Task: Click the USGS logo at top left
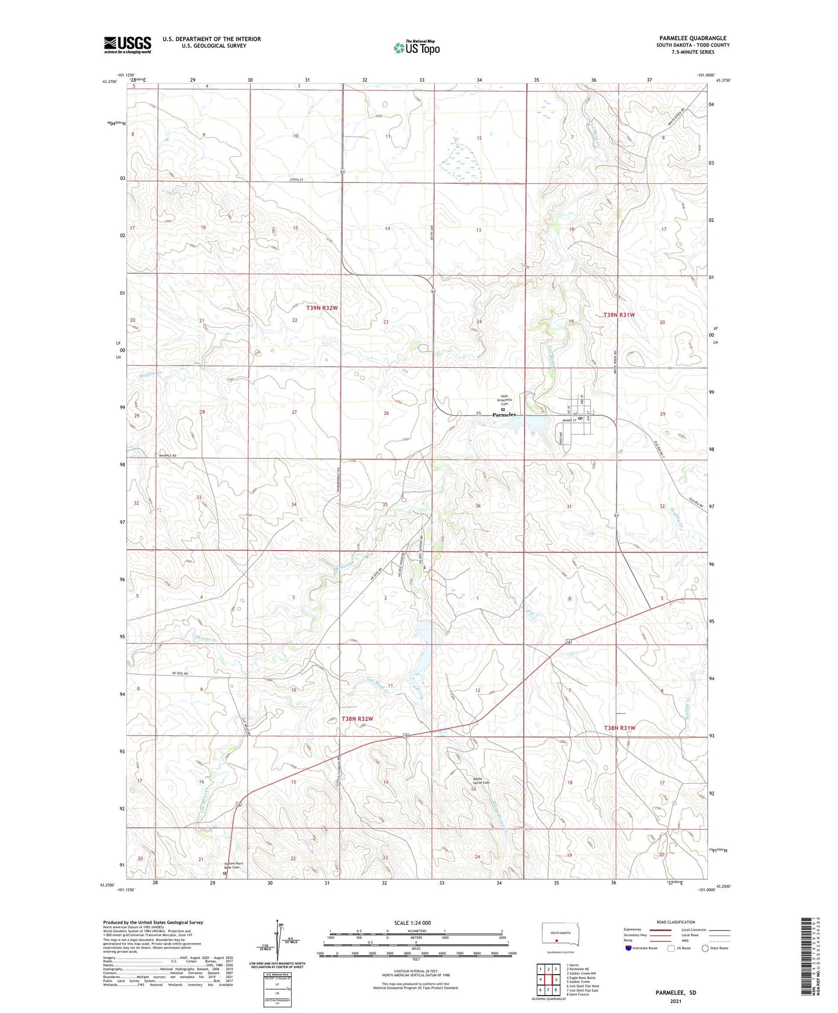127,45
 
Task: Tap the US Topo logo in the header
416,47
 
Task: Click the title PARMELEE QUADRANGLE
692,38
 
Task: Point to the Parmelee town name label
504,415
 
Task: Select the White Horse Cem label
481,781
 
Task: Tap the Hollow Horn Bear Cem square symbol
225,873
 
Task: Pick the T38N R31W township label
619,728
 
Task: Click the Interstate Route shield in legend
628,948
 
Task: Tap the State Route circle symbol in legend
705,948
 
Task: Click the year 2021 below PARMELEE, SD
676,1001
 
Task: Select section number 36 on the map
478,506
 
